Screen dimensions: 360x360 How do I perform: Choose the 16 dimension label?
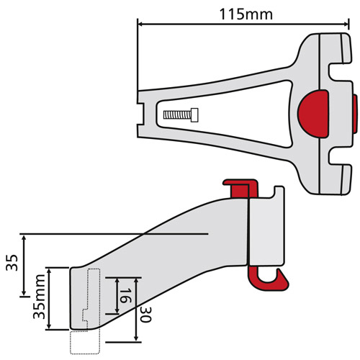tap(123, 295)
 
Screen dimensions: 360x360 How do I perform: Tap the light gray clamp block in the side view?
tap(266, 230)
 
